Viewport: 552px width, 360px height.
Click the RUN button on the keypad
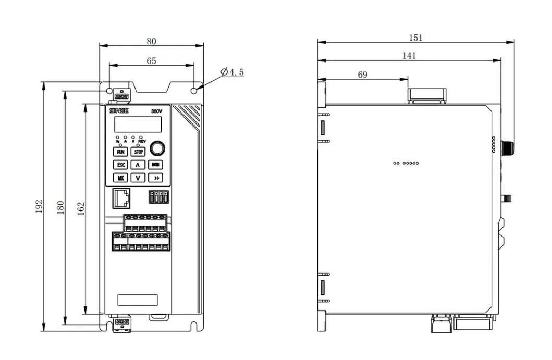click(120, 152)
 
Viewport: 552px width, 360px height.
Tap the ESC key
click(120, 165)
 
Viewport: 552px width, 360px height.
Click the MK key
click(120, 177)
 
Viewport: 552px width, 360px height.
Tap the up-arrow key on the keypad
click(138, 165)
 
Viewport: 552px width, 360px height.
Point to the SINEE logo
click(118, 111)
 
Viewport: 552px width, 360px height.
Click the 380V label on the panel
click(157, 111)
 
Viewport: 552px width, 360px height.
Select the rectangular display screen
click(138, 124)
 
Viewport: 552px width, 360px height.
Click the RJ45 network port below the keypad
click(121, 200)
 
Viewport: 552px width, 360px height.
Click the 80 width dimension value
click(151, 40)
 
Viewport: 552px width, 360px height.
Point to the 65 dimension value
click(151, 60)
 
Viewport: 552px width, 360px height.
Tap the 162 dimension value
click(81, 208)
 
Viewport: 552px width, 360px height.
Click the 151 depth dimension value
click(415, 38)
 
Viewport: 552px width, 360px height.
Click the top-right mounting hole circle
click(194, 91)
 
